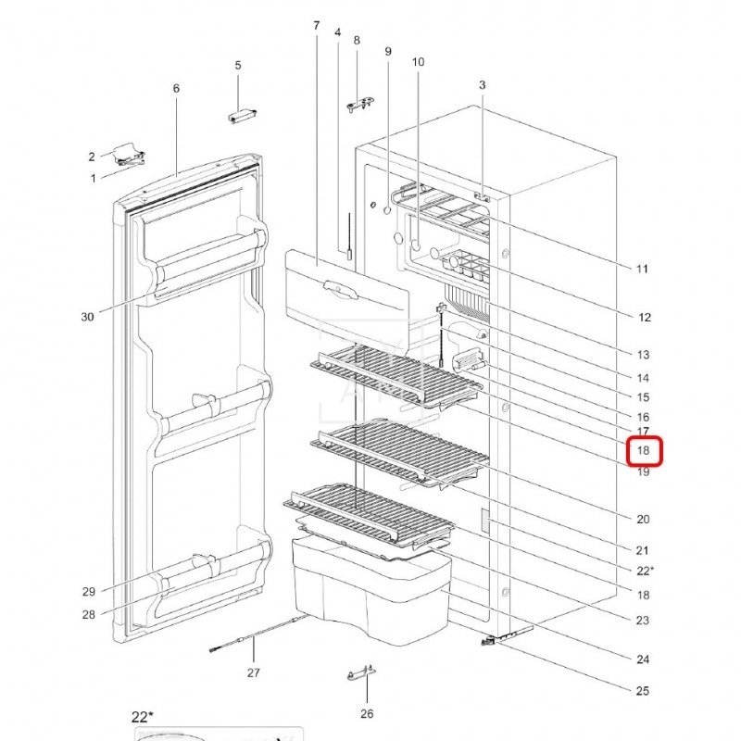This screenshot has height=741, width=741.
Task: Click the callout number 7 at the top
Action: [316, 26]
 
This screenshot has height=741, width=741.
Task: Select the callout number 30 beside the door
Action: [87, 317]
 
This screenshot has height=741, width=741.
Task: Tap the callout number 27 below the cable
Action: [253, 672]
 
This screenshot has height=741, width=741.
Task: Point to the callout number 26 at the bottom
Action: [367, 713]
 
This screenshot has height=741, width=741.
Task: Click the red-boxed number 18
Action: [643, 450]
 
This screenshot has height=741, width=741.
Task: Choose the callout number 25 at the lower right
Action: [642, 691]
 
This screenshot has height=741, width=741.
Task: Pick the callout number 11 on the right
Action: [642, 269]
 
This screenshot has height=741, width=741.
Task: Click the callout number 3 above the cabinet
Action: [482, 85]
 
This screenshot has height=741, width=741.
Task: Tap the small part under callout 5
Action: [242, 117]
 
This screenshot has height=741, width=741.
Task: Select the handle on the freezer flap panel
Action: [340, 289]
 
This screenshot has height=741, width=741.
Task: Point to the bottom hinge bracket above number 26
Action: [361, 673]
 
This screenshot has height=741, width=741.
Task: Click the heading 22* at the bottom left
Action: [143, 717]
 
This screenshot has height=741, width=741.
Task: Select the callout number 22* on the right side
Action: [645, 571]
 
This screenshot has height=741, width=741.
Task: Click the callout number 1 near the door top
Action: [94, 179]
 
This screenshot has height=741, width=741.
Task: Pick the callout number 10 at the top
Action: [418, 62]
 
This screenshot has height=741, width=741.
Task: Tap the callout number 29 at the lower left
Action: [88, 592]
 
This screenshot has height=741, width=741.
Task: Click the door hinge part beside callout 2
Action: [129, 155]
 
